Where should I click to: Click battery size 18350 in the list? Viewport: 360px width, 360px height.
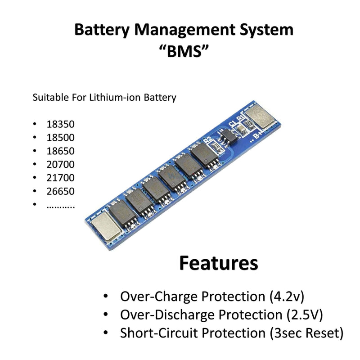[x=60, y=124]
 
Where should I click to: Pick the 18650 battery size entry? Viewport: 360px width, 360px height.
[x=60, y=151]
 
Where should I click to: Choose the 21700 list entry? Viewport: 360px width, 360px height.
[x=60, y=178]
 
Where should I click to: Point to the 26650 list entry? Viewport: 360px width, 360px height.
[x=60, y=191]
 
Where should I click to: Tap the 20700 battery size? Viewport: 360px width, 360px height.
[x=60, y=164]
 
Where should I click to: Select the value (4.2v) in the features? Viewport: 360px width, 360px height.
[x=287, y=297]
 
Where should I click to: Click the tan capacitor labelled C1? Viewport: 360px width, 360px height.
[x=241, y=129]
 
